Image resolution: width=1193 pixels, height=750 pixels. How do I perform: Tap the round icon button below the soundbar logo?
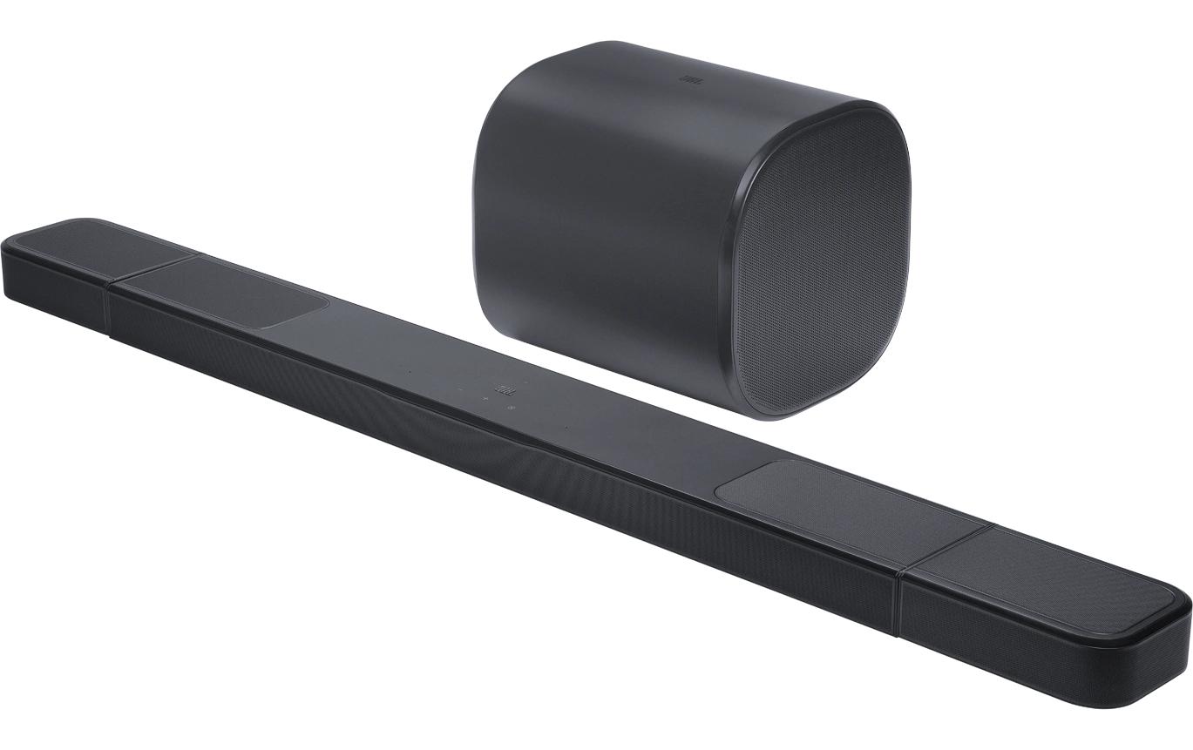(x=511, y=408)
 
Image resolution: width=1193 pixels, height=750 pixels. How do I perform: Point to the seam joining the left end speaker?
(x=108, y=305)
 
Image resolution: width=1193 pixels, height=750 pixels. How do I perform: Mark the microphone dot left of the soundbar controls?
(x=410, y=373)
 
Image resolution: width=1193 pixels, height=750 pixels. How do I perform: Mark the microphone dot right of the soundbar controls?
(x=566, y=427)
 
